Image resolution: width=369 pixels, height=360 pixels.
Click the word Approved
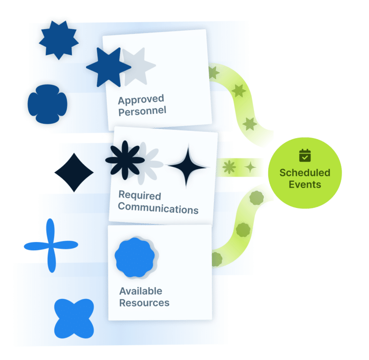(x=140, y=99)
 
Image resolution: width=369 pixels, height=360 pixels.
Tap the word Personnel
(x=142, y=111)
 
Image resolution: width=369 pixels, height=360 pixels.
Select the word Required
(x=139, y=196)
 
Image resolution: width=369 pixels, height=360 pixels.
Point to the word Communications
(x=158, y=209)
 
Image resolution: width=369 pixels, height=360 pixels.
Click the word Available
(x=140, y=291)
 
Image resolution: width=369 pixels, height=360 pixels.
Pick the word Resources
(x=144, y=303)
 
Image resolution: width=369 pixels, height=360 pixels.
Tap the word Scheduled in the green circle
(x=305, y=173)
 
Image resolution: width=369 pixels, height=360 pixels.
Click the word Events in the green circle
(x=305, y=184)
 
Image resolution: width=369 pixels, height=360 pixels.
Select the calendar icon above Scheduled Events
(x=305, y=156)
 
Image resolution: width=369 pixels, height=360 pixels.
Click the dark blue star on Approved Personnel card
(x=107, y=67)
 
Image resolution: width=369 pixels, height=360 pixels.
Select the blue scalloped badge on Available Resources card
(x=134, y=257)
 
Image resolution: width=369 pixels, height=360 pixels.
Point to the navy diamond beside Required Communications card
(x=74, y=172)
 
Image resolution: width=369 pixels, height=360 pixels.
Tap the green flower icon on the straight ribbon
(x=229, y=167)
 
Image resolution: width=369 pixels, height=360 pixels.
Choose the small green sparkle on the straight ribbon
(x=251, y=167)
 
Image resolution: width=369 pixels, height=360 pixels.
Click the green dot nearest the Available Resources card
(x=217, y=259)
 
